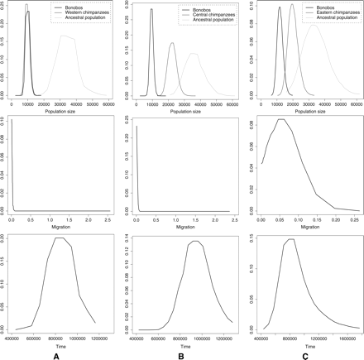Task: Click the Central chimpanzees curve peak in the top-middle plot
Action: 172,43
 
